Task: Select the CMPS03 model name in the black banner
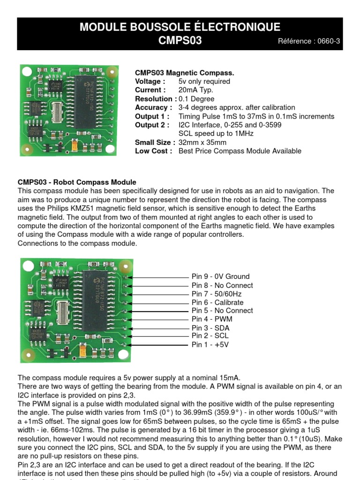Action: coord(180,41)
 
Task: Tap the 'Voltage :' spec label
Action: coord(148,82)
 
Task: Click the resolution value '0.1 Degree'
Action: coord(196,99)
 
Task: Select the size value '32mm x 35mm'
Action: coord(202,142)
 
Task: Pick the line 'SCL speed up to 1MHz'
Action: coord(216,134)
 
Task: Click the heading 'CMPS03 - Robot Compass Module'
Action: coord(77,182)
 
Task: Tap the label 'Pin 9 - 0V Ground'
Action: coord(220,277)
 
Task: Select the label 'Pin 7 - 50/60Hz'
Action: coord(217,294)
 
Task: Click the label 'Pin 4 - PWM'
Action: coord(212,319)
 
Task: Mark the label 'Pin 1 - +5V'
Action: coord(210,345)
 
